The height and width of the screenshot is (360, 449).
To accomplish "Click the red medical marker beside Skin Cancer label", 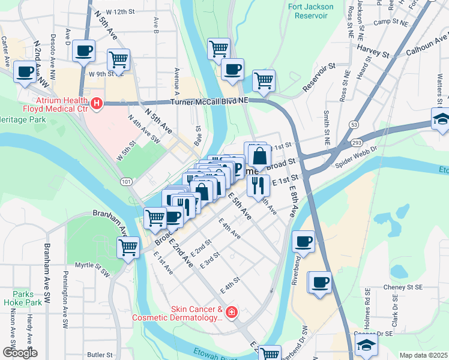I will point(231,313).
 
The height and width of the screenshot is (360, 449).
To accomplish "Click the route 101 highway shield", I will point(125,182).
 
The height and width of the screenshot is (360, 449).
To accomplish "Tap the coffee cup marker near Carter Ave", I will point(25,73).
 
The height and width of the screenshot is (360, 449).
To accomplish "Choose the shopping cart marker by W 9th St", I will point(118,60).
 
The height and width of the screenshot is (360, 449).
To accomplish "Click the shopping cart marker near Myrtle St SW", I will point(128,246).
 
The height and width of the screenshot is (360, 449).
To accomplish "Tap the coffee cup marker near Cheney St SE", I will point(319,282).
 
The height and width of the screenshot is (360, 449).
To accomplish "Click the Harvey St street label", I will point(373,50).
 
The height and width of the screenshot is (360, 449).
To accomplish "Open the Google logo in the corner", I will point(19,353).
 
